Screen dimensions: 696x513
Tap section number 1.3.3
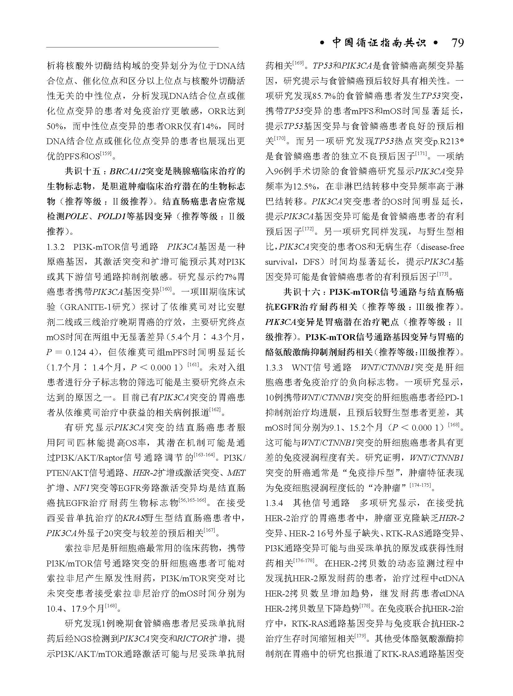click(x=274, y=368)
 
